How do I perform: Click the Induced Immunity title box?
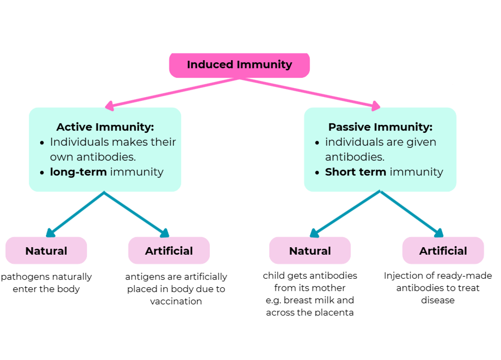coord(239,65)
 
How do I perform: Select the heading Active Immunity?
coord(105,127)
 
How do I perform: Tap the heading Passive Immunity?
coord(380,127)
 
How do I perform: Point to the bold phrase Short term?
coord(355,172)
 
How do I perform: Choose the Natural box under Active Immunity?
coord(46,251)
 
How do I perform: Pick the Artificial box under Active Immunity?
coord(169,251)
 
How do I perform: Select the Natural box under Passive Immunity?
coord(310,251)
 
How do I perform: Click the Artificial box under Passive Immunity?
coord(443,251)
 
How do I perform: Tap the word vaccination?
coord(176,302)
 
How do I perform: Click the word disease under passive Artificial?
coord(437,300)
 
